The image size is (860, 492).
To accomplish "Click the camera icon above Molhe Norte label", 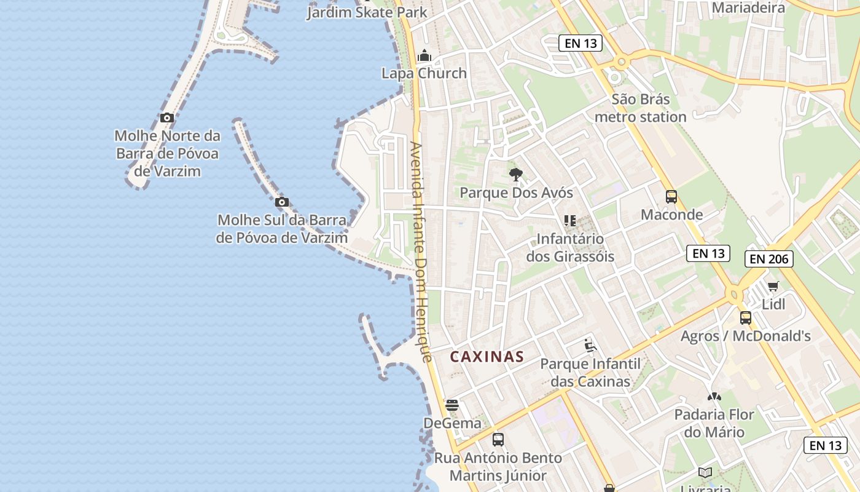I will [x=166, y=117].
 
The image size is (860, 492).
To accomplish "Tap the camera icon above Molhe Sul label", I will [x=282, y=202].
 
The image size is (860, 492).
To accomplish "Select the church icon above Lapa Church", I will [x=424, y=57].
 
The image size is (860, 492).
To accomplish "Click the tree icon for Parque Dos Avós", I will [x=516, y=175].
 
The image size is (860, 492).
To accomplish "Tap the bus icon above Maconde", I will [x=671, y=197].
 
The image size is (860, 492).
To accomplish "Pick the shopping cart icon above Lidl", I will [x=773, y=286].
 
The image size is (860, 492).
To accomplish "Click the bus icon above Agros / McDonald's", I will [x=746, y=318].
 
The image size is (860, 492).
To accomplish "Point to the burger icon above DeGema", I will [x=452, y=405].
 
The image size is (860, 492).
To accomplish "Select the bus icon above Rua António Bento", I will [x=498, y=440].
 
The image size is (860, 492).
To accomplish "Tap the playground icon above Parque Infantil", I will [x=590, y=346].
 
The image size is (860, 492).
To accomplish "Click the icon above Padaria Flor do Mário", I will [x=714, y=397].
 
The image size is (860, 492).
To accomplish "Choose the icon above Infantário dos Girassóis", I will [x=569, y=220].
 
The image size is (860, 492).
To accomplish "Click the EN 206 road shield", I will [x=769, y=259].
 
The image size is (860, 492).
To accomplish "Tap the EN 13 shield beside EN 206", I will [x=708, y=253].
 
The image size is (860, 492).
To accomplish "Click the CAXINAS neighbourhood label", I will [x=487, y=357].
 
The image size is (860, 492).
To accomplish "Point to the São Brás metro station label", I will [x=641, y=108].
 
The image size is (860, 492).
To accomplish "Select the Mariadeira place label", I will [x=748, y=8].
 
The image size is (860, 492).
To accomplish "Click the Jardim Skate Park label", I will [x=367, y=12].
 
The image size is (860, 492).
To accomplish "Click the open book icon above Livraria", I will [x=705, y=472].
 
